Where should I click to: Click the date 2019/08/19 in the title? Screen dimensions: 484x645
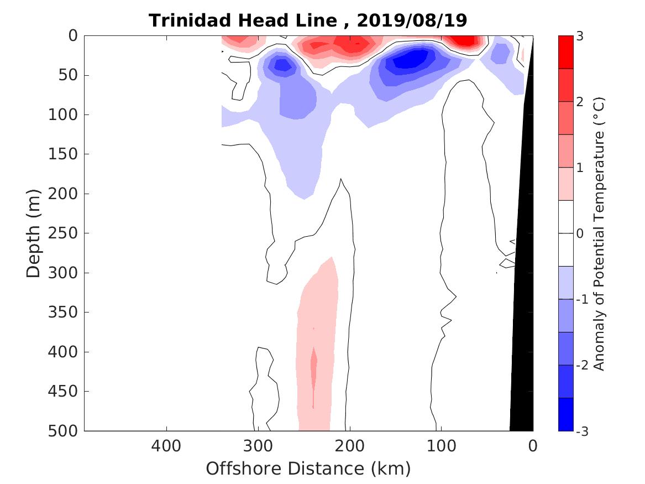(412, 20)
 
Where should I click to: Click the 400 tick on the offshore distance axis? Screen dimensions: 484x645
(166, 445)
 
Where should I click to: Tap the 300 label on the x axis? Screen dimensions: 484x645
(258, 445)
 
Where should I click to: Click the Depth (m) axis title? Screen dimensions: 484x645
(34, 232)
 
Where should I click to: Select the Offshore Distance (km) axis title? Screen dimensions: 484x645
(308, 469)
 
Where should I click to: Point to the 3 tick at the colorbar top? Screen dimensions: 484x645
(579, 37)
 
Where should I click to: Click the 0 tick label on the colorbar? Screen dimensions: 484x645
(579, 233)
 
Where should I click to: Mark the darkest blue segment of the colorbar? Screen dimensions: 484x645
(565, 414)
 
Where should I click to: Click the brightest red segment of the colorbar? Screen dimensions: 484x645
(565, 52)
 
